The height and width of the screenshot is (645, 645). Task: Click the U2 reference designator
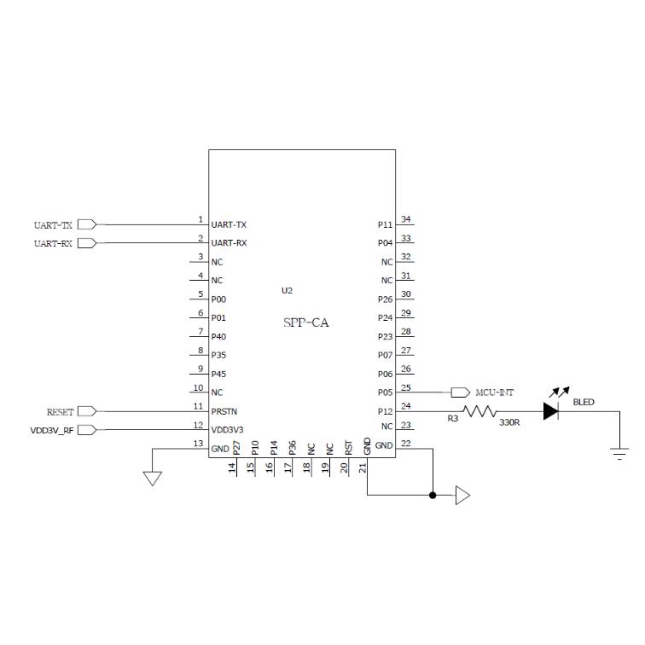pos(287,290)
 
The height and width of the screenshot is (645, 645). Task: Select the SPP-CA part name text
pos(306,322)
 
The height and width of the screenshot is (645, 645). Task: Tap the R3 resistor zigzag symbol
pos(479,411)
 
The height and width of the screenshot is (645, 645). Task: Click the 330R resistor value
pos(509,422)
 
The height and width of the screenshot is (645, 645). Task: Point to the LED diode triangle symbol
pos(550,411)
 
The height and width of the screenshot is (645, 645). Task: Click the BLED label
pos(584,402)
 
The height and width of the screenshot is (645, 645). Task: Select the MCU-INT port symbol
pos(461,392)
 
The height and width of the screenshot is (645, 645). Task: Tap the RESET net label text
pos(60,412)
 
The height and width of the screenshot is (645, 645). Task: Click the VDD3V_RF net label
pos(52,431)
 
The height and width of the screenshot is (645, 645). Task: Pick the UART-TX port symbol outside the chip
pos(87,224)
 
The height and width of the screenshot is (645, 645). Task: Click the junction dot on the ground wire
pos(433,495)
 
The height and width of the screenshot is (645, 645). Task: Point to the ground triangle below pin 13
pos(152,479)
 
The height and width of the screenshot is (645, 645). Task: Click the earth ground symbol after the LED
pos(619,453)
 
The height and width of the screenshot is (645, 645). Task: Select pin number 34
pos(406,219)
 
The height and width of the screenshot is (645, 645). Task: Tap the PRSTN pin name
pos(224,411)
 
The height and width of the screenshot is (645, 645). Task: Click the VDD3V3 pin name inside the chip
pos(227,430)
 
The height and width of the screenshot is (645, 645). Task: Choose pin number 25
pos(406,387)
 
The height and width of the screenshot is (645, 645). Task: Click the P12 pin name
pos(386,411)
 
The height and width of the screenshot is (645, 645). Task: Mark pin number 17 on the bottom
pos(288,468)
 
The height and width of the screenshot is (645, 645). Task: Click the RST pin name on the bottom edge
pos(348,448)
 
